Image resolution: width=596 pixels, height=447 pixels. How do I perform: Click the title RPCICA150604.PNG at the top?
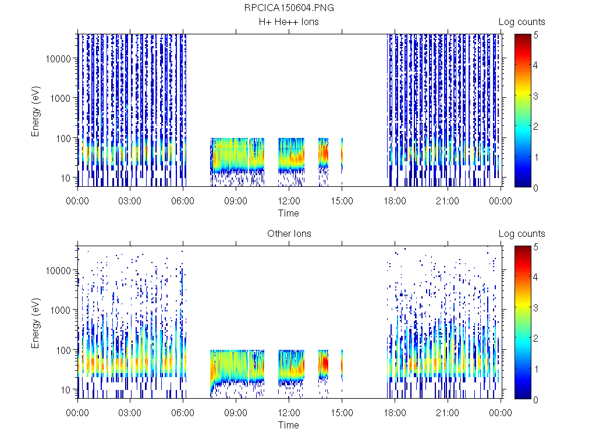(289, 8)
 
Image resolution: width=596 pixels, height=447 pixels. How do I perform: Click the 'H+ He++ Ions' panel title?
(289, 22)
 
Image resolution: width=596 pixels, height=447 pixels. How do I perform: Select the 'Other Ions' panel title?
(289, 234)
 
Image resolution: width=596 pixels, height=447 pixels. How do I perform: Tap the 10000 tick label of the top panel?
(60, 59)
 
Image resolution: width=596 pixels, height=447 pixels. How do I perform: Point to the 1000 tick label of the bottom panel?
(62, 310)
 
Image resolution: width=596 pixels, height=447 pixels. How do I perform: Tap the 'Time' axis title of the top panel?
(289, 213)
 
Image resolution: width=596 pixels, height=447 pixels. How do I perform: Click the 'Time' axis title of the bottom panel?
(289, 425)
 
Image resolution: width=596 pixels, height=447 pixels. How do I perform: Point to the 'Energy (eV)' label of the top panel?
(36, 111)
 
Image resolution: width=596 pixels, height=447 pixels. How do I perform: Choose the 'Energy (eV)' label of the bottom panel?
(36, 322)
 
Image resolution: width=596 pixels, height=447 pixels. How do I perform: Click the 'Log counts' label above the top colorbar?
(522, 22)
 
